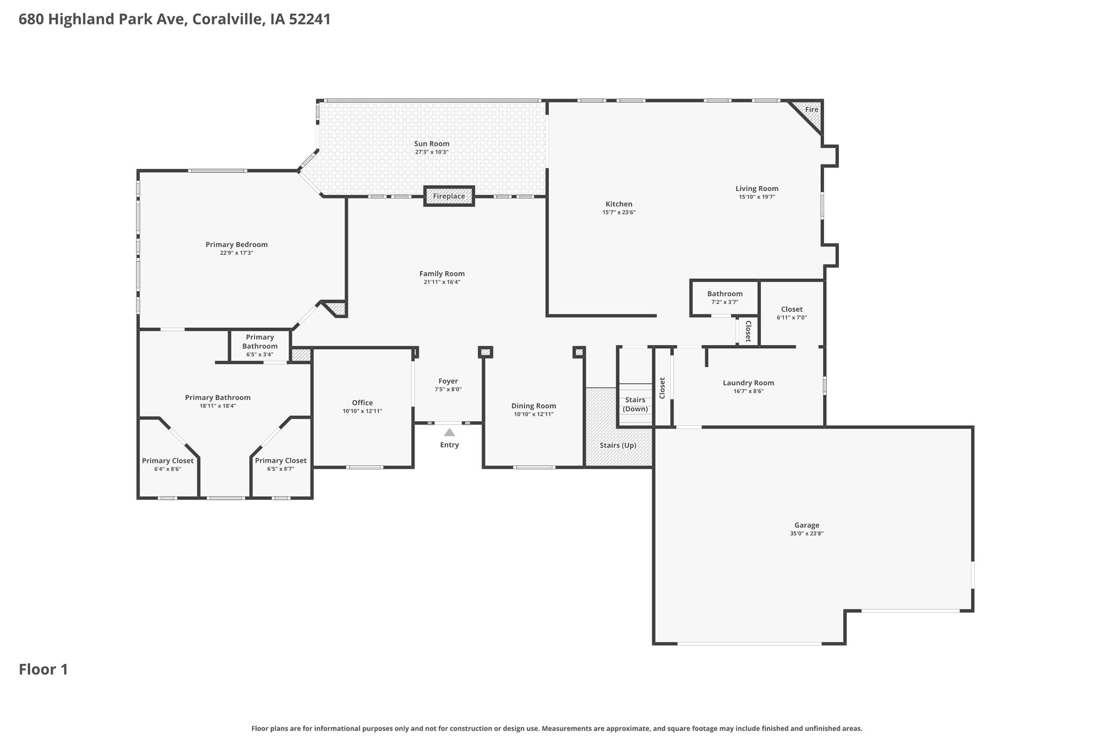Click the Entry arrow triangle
coord(449,433)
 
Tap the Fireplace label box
coord(449,196)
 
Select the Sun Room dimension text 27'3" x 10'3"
coord(432,152)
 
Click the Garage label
coord(807,525)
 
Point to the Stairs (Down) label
coord(635,404)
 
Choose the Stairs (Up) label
coord(618,445)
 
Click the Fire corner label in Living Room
coord(812,109)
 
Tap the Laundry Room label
coord(748,383)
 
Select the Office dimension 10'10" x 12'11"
coord(362,411)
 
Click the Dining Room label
coord(534,406)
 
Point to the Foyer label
coord(448,381)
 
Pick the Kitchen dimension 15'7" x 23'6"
coord(619,212)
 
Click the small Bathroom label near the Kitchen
coord(725,294)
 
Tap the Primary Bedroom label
coord(237,245)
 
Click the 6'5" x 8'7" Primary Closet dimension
coord(281,469)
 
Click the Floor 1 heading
coord(44,670)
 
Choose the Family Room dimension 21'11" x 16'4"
coord(442,282)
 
